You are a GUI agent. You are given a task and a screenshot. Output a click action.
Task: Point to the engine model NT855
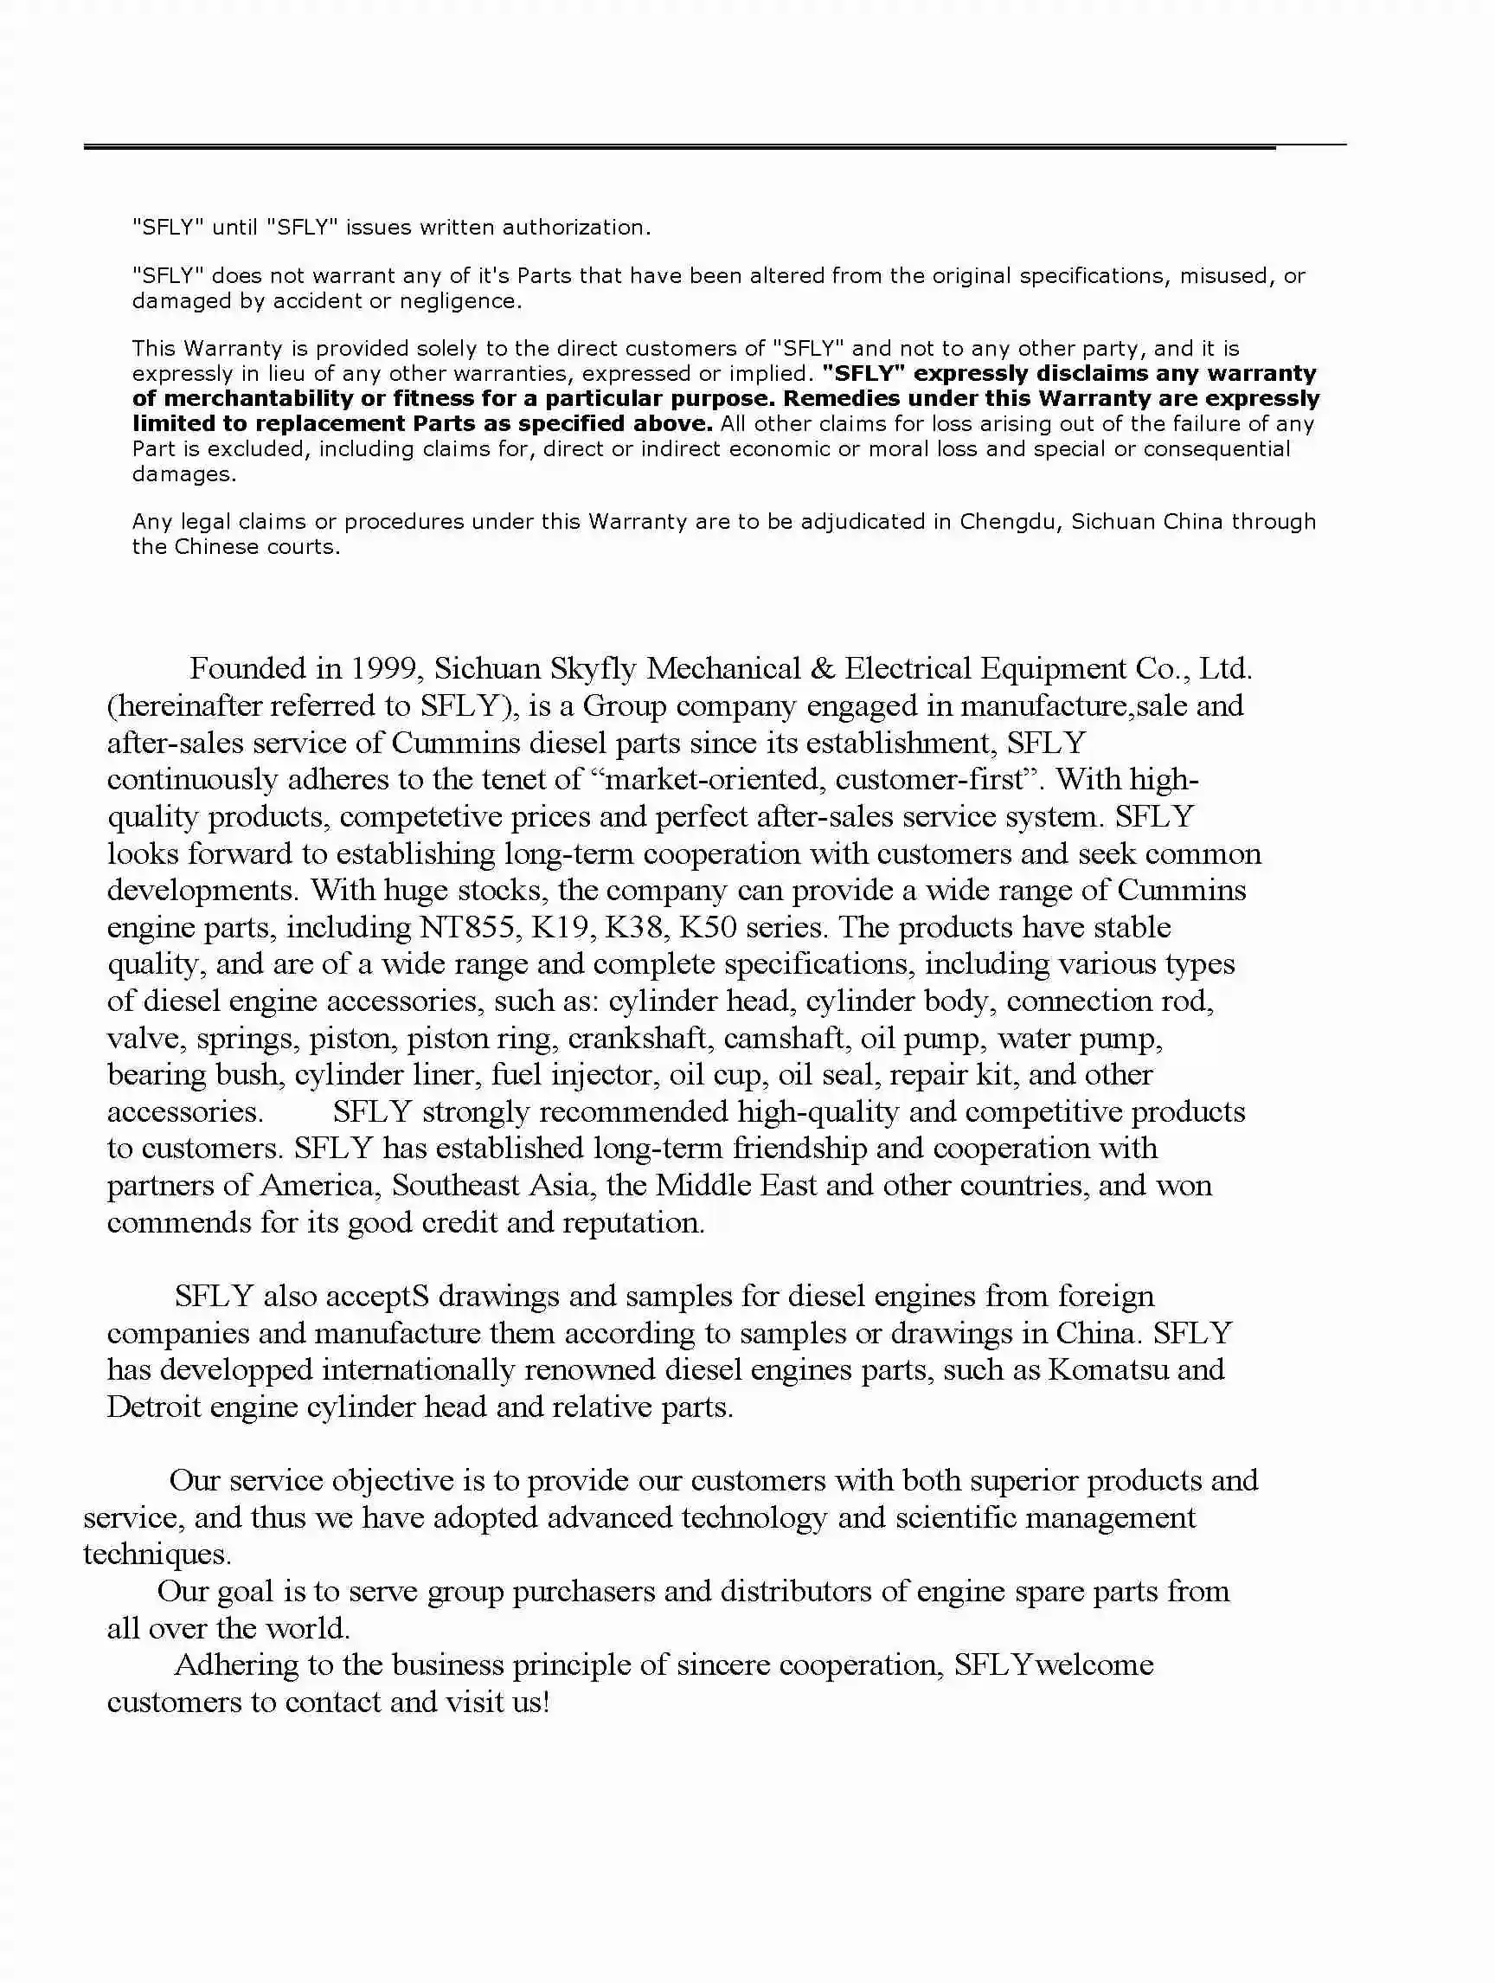[466, 927]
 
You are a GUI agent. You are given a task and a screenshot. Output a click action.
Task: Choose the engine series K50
[708, 927]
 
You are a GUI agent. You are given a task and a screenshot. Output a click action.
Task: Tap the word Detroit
[153, 1407]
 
